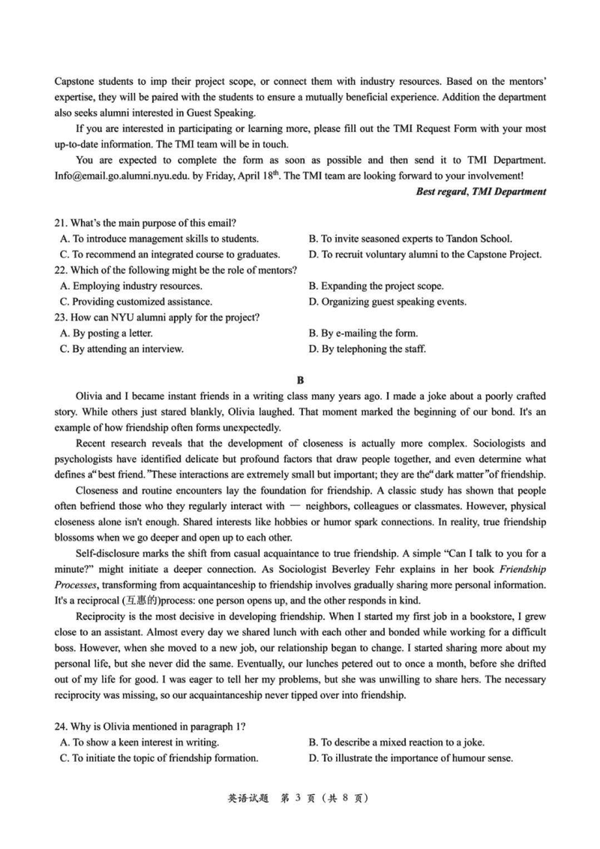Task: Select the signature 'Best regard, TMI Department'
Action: [x=481, y=191]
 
